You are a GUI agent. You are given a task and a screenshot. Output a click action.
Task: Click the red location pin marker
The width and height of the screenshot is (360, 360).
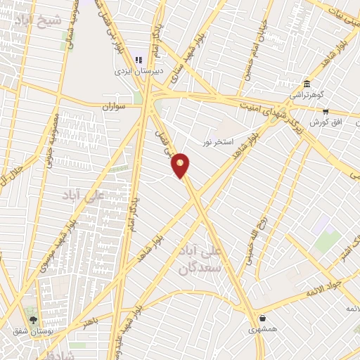(181, 165)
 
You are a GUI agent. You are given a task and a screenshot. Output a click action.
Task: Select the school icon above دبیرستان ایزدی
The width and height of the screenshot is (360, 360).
(139, 60)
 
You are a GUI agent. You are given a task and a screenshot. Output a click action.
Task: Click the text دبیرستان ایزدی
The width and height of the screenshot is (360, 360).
(139, 71)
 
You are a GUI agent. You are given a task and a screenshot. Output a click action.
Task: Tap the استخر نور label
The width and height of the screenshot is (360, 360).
(217, 143)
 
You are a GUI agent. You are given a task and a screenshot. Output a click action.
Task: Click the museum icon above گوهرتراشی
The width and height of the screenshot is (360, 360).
(306, 82)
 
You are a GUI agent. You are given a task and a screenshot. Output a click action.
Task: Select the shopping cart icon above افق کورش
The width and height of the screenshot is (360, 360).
(325, 111)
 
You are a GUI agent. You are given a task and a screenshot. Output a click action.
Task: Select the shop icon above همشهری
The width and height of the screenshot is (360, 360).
(262, 318)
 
